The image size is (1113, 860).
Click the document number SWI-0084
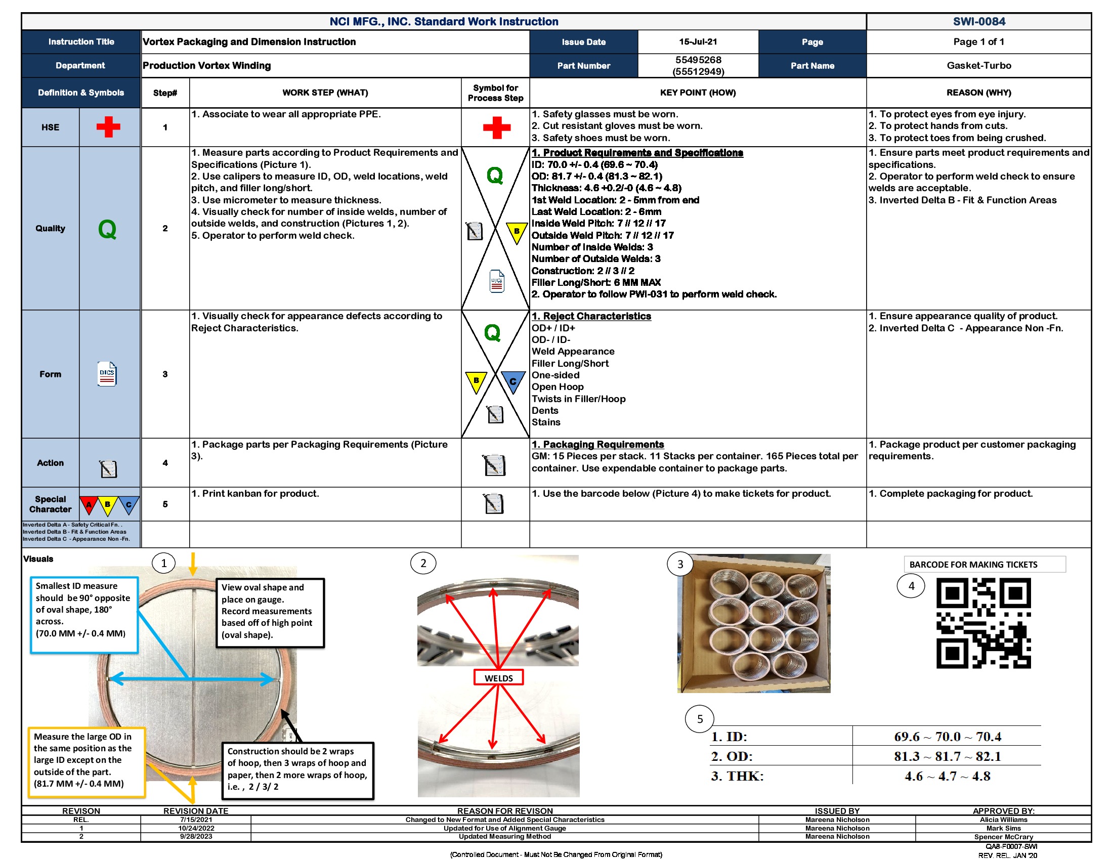point(978,21)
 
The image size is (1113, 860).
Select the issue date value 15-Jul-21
point(698,42)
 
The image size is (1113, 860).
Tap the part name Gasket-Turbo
point(978,65)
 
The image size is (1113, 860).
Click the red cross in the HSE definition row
point(109,127)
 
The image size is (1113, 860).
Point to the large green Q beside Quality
point(107,229)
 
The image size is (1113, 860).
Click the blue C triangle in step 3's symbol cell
point(512,380)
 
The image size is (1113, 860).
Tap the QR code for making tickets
point(983,623)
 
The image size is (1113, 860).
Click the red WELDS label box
point(498,677)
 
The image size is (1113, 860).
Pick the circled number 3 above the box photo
point(680,564)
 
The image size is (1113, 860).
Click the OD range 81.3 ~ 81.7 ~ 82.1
point(947,756)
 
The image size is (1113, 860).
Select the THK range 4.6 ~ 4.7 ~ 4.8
point(947,776)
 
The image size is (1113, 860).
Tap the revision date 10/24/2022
point(196,828)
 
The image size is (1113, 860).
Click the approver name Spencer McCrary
point(1003,837)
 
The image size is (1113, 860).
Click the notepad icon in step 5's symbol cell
point(494,504)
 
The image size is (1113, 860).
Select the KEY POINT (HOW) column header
point(698,93)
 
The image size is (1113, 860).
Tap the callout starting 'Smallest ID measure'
point(84,615)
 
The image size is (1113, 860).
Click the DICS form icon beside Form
point(107,374)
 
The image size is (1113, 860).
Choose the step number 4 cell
point(165,462)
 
